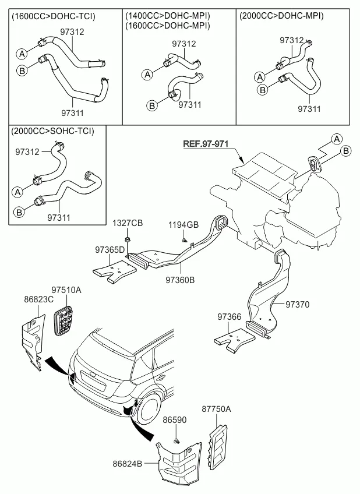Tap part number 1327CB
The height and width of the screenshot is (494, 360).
[128, 224]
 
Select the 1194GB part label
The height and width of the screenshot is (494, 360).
[183, 224]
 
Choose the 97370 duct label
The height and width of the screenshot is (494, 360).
[297, 304]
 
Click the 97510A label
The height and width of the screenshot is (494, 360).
[66, 290]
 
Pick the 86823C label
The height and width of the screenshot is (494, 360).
[38, 299]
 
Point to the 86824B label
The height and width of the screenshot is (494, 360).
[128, 464]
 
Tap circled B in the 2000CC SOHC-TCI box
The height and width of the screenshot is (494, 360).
[19, 213]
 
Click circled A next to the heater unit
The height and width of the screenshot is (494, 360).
[336, 138]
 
